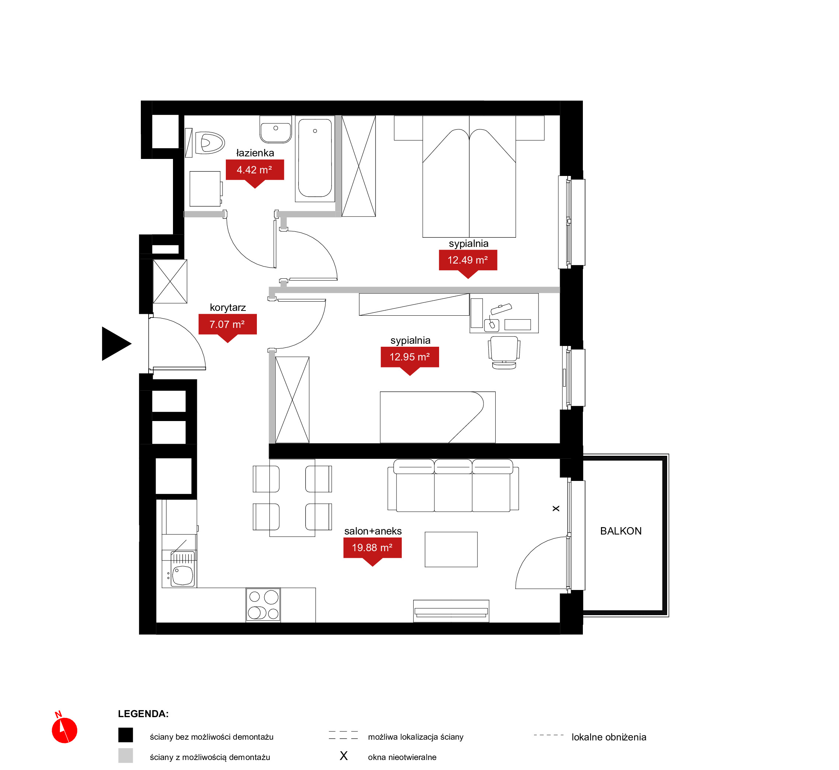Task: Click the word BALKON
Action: click(621, 531)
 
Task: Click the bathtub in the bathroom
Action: click(315, 158)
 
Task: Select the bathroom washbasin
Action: click(275, 129)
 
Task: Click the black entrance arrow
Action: click(116, 344)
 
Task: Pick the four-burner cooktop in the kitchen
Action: click(263, 605)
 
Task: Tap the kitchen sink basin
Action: click(183, 576)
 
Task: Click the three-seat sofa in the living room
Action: click(453, 485)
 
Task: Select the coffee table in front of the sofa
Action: click(451, 550)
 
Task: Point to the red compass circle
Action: click(65, 730)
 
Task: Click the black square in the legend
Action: click(125, 735)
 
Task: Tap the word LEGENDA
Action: click(143, 714)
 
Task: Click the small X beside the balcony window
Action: click(556, 509)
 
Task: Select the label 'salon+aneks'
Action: click(373, 531)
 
